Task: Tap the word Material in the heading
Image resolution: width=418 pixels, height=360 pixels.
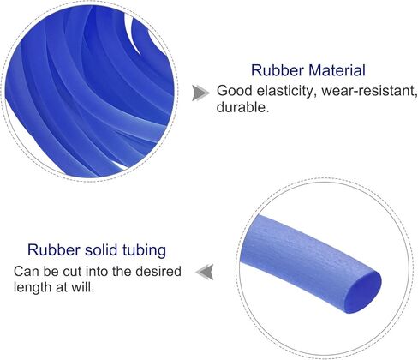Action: point(337,70)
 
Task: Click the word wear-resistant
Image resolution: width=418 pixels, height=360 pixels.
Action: point(369,91)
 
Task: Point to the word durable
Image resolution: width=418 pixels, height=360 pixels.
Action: point(243,107)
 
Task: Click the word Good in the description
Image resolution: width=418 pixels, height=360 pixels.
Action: point(234,91)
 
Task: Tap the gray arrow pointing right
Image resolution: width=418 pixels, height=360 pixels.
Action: point(201,93)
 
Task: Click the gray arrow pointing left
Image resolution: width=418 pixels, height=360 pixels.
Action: point(205,272)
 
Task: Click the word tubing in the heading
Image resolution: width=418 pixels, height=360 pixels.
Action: point(145,251)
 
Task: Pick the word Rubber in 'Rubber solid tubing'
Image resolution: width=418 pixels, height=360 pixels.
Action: point(53,250)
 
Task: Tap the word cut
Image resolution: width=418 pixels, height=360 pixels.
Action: point(70,271)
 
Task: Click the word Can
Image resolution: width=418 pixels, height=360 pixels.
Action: point(26,271)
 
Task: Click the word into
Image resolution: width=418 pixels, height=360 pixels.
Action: point(96,271)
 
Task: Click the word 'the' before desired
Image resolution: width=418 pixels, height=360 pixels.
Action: point(121,271)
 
